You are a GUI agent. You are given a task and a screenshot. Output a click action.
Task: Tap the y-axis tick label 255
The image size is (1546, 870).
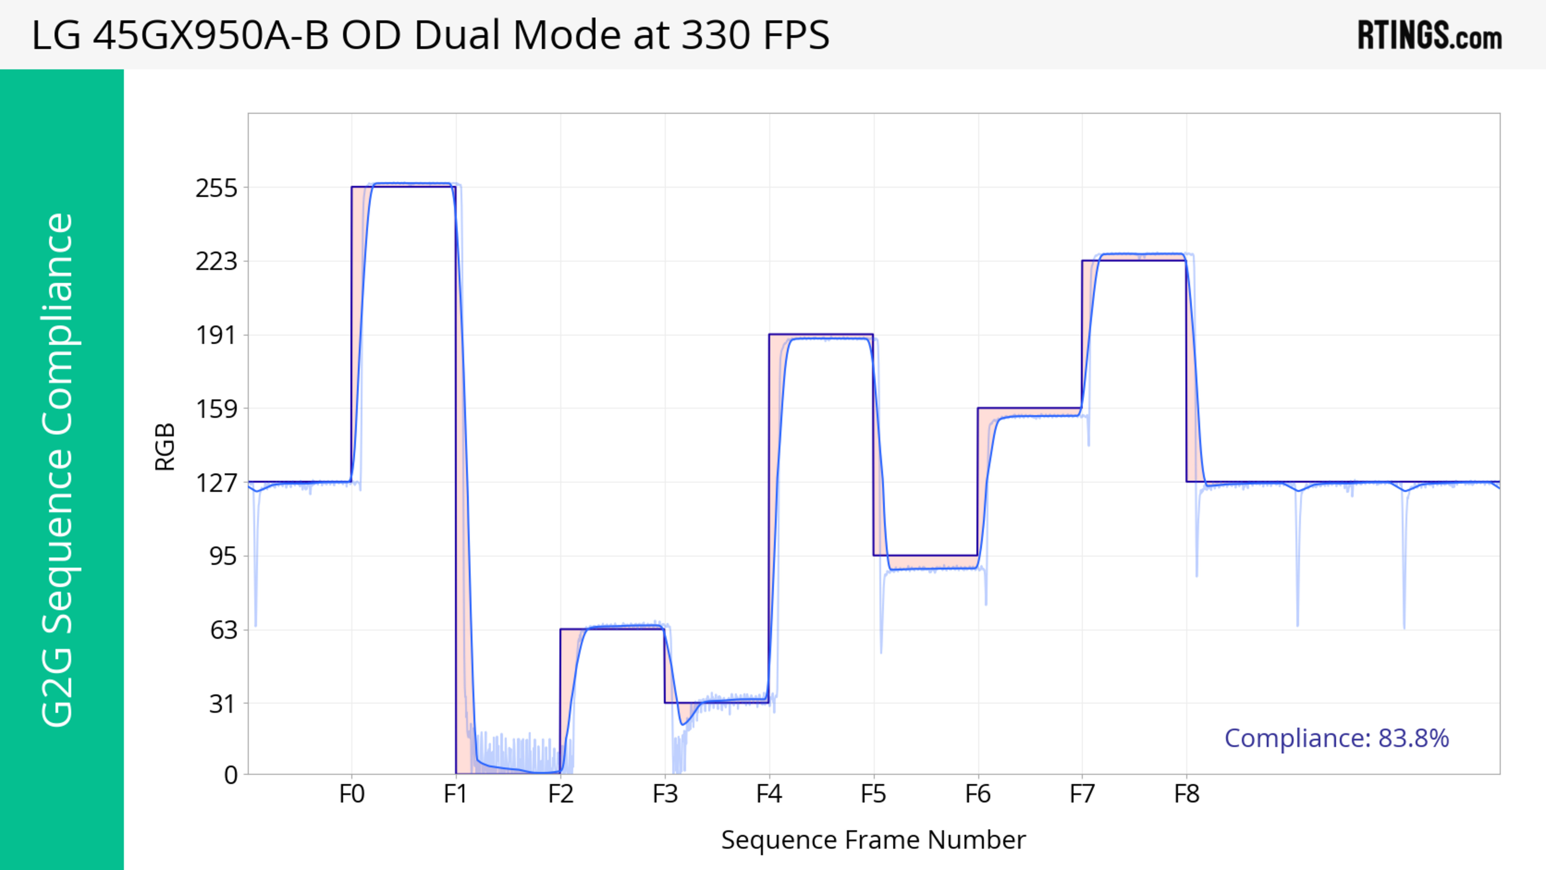tap(216, 188)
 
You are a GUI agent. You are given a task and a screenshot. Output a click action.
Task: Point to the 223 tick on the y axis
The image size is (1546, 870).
tap(216, 262)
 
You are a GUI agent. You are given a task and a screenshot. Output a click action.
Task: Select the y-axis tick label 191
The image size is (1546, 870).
tap(216, 335)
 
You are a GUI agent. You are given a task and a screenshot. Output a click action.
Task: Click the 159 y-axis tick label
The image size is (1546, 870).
tap(216, 409)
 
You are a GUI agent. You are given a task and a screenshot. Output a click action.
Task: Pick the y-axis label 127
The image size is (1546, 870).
tap(216, 482)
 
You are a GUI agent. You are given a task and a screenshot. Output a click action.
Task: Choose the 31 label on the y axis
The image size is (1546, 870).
tap(223, 704)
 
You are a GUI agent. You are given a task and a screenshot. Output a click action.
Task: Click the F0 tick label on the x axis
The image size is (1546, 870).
tap(352, 794)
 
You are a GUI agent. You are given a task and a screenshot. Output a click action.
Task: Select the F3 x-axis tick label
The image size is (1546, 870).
tap(665, 794)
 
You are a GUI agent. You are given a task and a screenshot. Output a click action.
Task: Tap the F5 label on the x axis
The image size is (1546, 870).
tap(873, 794)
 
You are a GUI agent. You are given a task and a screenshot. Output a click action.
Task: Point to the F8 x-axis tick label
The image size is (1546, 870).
tap(1186, 794)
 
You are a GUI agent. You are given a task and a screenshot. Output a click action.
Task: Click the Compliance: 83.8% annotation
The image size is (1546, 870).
tap(1337, 738)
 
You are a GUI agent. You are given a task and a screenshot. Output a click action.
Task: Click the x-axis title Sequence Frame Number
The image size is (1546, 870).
tap(873, 840)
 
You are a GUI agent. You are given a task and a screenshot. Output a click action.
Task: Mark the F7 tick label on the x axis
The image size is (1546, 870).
tap(1082, 794)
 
